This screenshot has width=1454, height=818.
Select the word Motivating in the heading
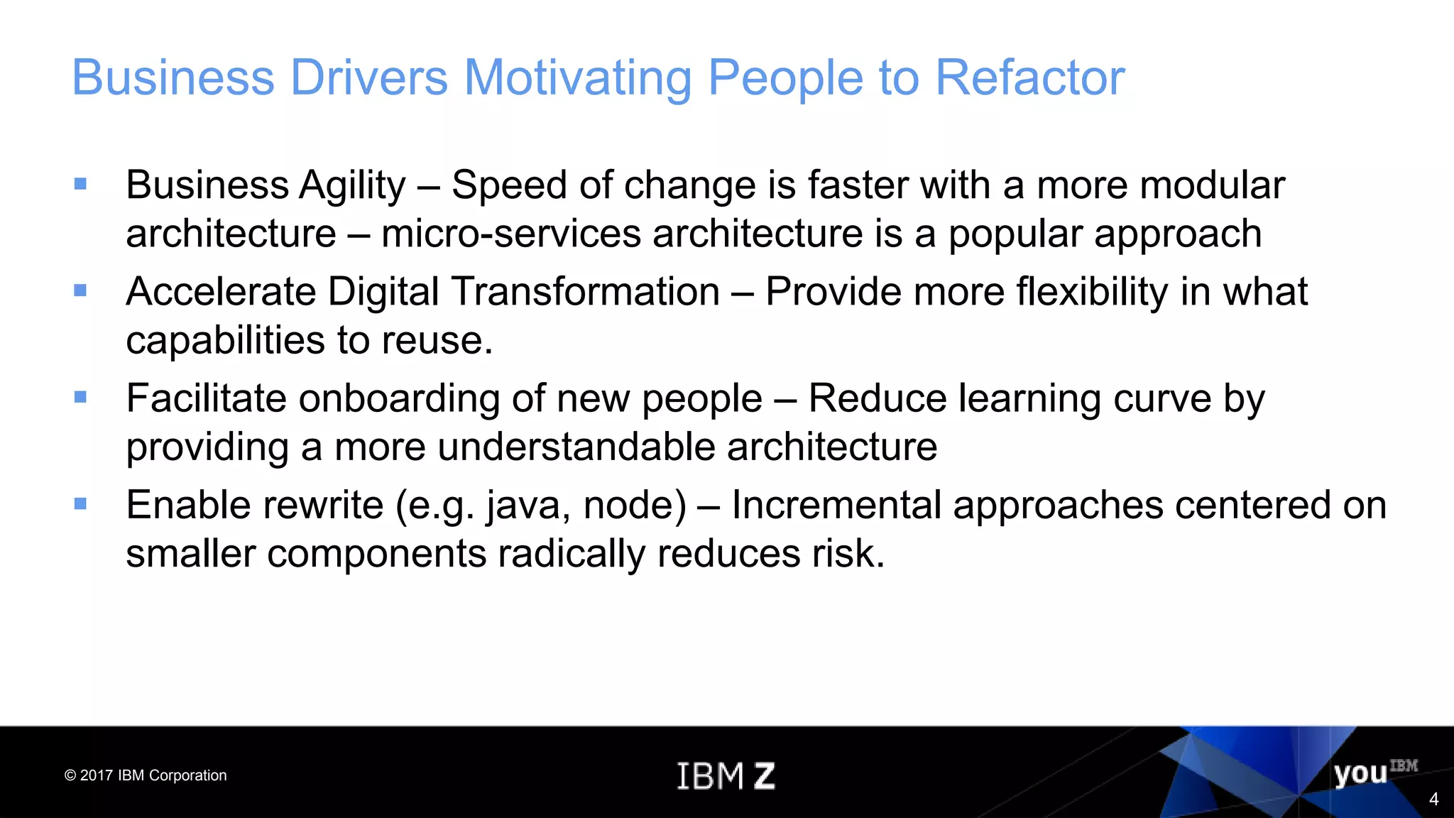click(577, 78)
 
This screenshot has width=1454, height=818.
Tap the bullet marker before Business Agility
click(80, 185)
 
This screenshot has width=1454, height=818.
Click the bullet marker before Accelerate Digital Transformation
click(80, 291)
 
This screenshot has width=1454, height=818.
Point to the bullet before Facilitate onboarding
click(80, 398)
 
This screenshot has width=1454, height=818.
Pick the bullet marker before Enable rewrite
click(80, 504)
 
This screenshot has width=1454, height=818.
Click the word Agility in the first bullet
click(352, 186)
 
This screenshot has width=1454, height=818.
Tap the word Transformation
click(586, 292)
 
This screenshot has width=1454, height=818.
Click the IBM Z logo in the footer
click(726, 775)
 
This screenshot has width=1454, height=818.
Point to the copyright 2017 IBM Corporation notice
click(146, 775)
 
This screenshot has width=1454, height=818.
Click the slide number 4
click(1433, 800)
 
